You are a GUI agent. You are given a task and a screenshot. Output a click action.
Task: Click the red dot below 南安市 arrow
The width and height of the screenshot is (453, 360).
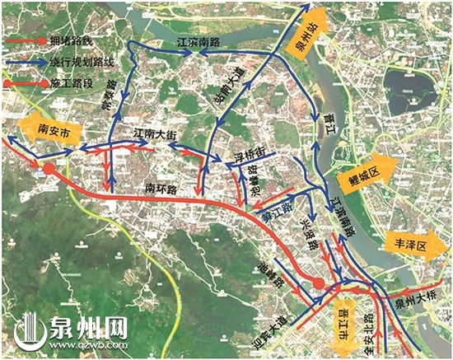(49, 169)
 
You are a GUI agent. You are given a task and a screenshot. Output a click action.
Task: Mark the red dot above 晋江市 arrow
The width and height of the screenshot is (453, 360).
(320, 285)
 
